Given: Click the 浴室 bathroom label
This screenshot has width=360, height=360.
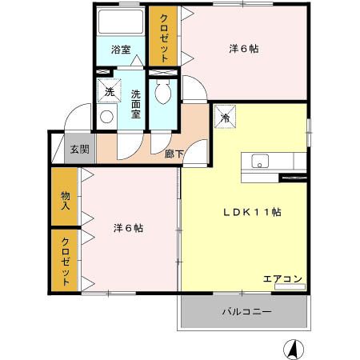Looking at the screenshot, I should click(120, 50).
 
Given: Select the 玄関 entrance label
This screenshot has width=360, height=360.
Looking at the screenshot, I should click(78, 149).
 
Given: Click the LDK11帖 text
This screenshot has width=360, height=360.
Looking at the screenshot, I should click(250, 212).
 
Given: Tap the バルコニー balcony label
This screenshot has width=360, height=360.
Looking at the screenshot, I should click(246, 312).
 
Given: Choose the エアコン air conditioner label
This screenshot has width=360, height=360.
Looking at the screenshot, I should click(282, 278).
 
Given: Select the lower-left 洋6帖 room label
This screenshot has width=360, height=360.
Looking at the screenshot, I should click(128, 228).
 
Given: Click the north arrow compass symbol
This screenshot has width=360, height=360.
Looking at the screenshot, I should click(294, 349).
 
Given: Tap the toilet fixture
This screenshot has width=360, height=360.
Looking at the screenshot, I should click(164, 94).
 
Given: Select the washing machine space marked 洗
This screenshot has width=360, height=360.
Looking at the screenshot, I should click(110, 91).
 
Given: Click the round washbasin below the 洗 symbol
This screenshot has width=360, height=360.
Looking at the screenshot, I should click(107, 118).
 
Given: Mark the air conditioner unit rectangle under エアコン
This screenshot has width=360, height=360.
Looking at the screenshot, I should click(283, 287).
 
